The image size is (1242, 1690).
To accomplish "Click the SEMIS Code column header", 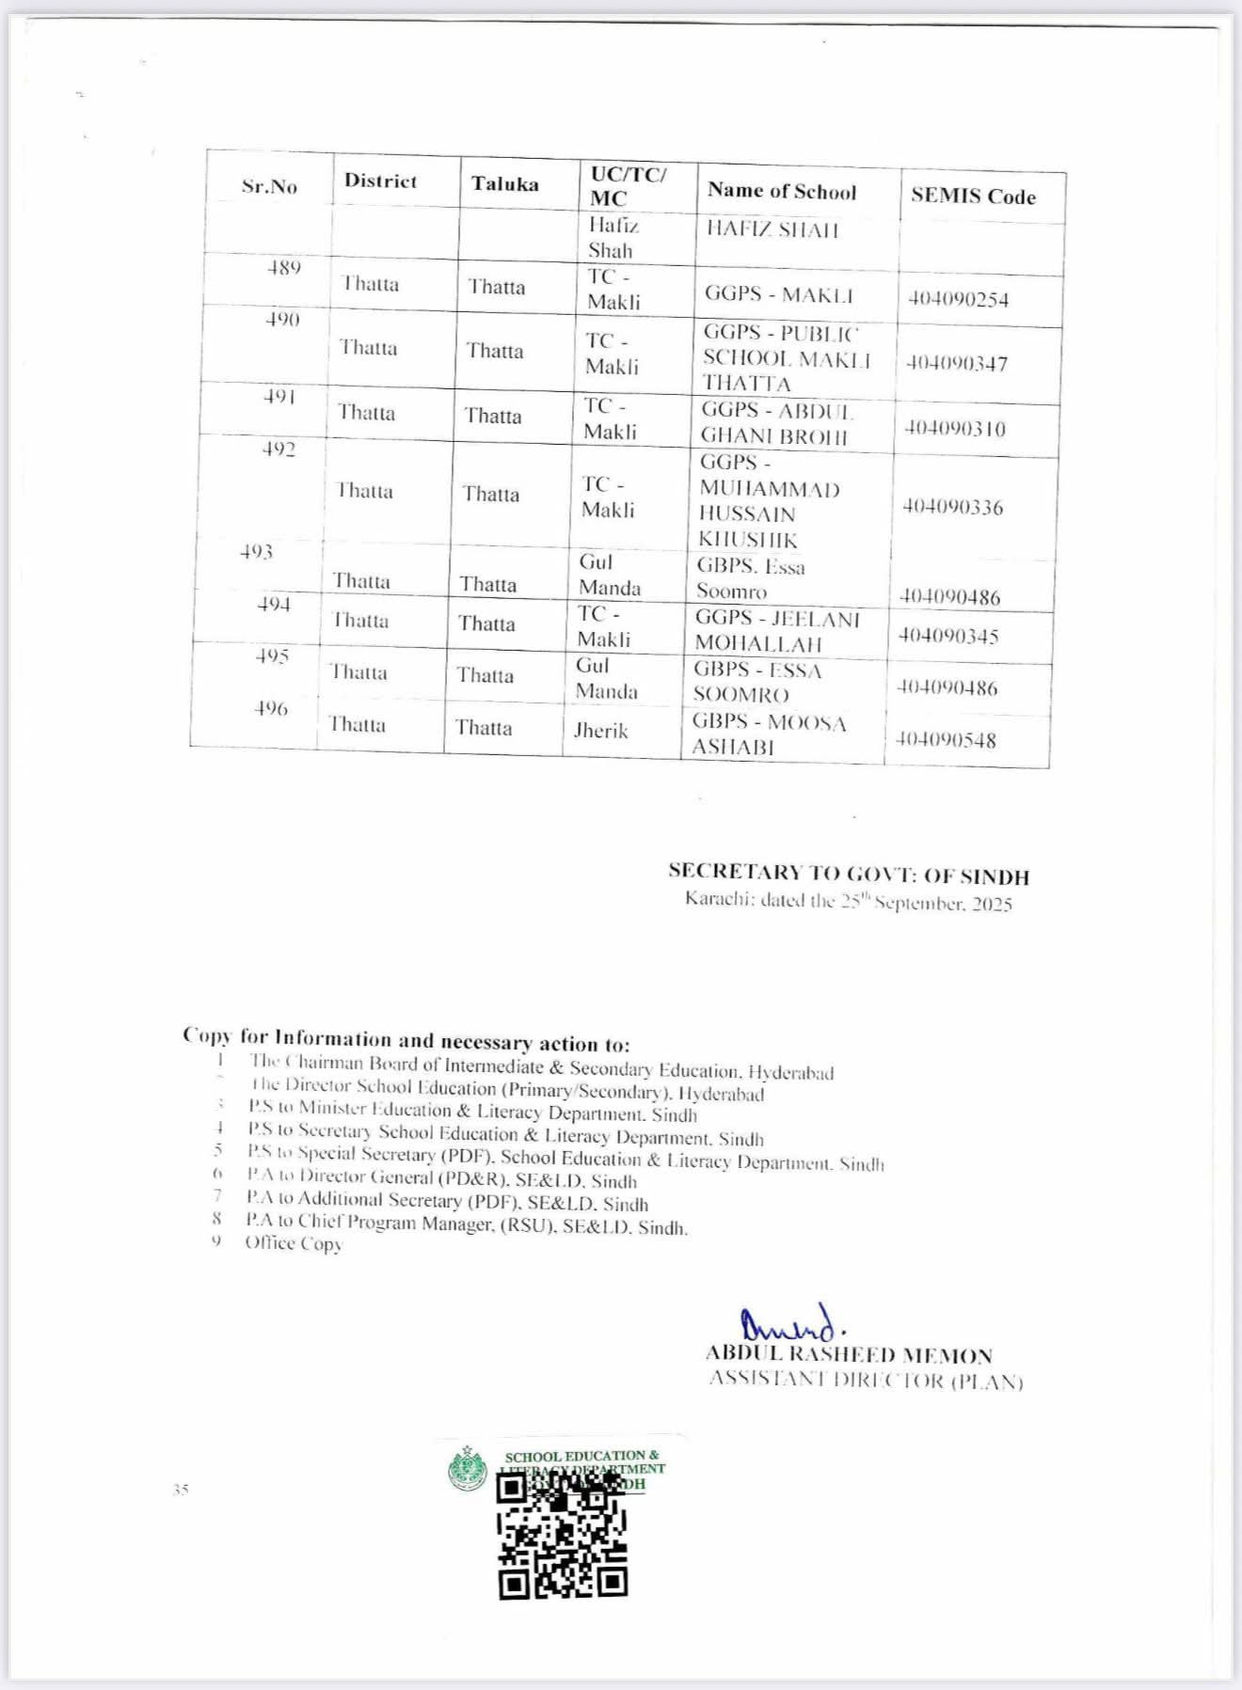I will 973,197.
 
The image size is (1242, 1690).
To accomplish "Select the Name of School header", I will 782,191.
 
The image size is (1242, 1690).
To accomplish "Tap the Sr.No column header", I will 269,186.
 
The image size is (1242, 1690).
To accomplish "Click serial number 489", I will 283,268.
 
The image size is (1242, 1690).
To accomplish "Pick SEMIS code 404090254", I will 958,300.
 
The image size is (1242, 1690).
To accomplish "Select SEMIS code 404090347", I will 956,364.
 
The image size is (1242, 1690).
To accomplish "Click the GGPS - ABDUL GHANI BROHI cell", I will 776,423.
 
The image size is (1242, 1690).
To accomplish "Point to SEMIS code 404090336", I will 953,508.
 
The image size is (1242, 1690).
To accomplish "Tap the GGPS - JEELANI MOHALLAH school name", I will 776,631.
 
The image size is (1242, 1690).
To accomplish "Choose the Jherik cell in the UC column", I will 600,731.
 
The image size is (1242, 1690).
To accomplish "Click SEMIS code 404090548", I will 946,740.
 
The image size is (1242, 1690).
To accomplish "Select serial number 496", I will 270,709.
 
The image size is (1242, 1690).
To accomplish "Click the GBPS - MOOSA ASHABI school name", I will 769,734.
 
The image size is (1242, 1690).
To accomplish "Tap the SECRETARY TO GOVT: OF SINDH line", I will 849,874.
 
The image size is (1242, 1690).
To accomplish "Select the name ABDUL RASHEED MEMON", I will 849,1355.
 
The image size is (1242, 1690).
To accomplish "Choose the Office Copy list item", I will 293,1243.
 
